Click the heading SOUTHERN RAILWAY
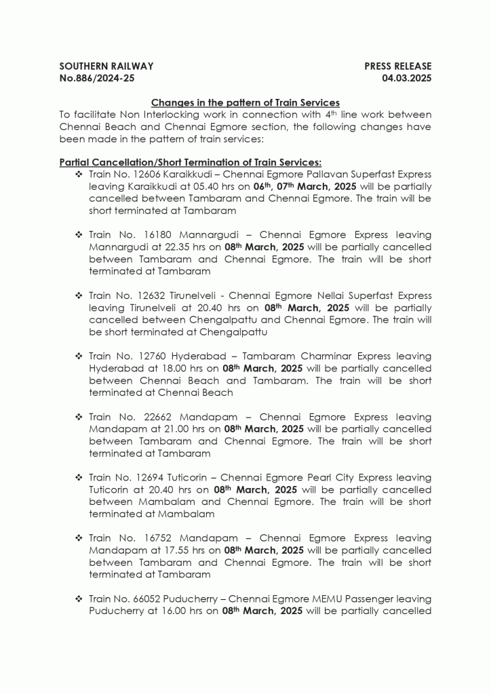point(106,66)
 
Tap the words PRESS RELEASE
point(397,66)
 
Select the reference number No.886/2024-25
point(97,78)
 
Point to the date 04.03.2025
point(407,78)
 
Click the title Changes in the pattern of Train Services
point(245,102)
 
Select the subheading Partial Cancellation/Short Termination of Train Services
point(191,163)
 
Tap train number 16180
point(147,235)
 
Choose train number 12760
point(148,356)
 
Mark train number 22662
point(148,417)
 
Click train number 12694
point(147,477)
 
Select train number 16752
point(148,538)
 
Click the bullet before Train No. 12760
point(79,356)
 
